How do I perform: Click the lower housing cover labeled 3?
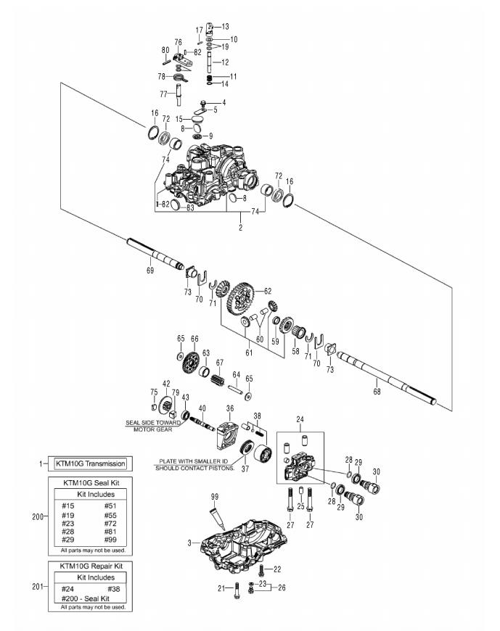(239, 540)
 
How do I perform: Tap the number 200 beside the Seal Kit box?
(38, 516)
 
